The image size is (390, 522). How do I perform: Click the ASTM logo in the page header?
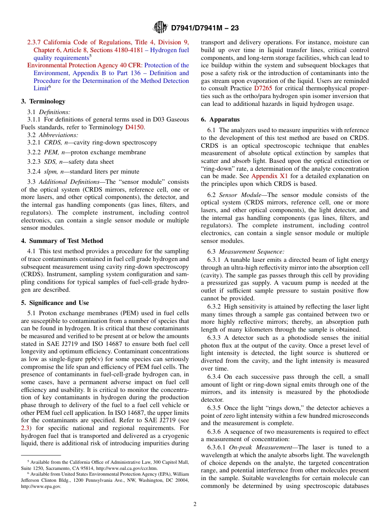click(x=160, y=27)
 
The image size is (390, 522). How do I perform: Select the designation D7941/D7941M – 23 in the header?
click(x=204, y=28)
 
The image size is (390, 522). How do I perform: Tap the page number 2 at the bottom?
click(x=195, y=504)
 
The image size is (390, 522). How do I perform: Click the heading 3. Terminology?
click(x=43, y=101)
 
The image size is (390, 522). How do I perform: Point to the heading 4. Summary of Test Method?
click(x=62, y=241)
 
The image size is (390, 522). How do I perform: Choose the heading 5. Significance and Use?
click(x=55, y=303)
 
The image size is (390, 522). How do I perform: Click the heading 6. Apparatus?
click(x=220, y=119)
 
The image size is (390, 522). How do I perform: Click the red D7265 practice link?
click(x=263, y=88)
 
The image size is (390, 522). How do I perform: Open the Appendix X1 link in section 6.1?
click(x=269, y=176)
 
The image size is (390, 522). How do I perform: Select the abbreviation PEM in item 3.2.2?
click(x=50, y=152)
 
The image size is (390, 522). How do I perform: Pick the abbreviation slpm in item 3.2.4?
click(x=50, y=172)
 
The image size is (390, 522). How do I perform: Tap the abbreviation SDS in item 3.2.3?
click(x=50, y=162)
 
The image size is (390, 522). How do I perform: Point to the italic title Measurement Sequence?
click(x=251, y=252)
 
